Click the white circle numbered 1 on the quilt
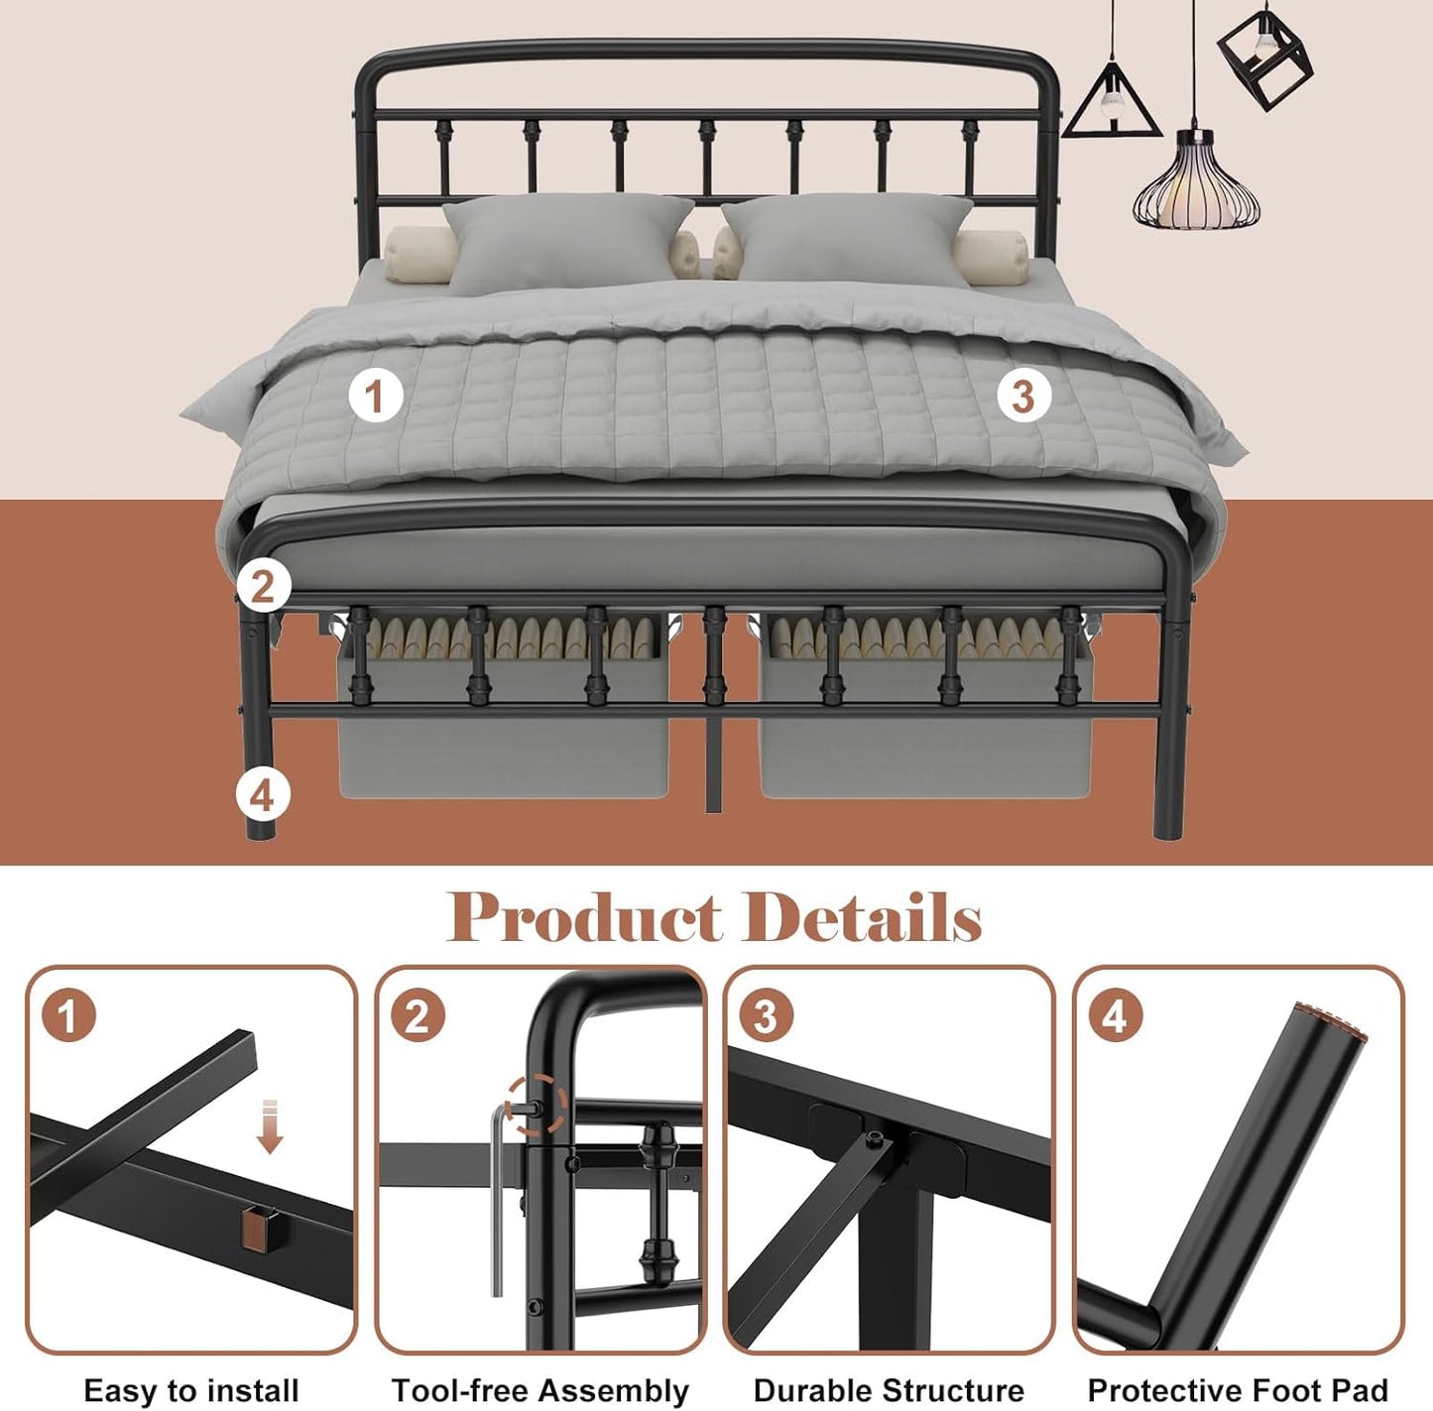(375, 396)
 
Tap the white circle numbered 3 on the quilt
(1023, 396)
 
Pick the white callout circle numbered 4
(262, 795)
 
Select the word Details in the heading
(863, 917)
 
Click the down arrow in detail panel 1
(270, 1126)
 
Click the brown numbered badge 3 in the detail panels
(765, 1016)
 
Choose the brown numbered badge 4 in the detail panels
(1115, 1016)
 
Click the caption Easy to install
(191, 1390)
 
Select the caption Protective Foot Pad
(1238, 1390)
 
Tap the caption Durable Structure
(889, 1390)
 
